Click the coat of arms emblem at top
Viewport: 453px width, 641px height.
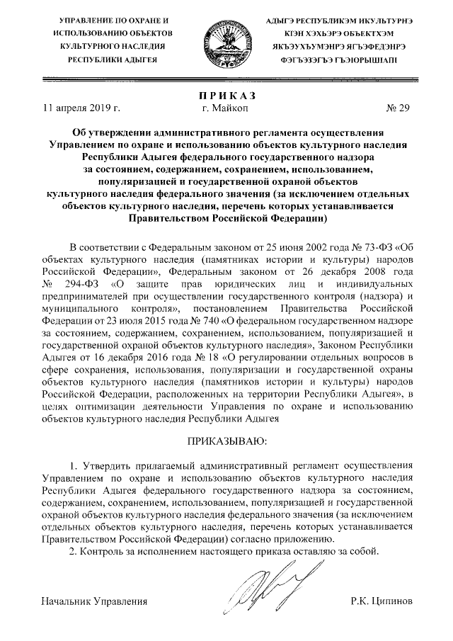point(225,40)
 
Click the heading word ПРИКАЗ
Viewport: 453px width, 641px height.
point(225,96)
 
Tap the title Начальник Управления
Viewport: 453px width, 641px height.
point(94,601)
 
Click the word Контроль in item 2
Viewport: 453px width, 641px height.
point(106,552)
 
